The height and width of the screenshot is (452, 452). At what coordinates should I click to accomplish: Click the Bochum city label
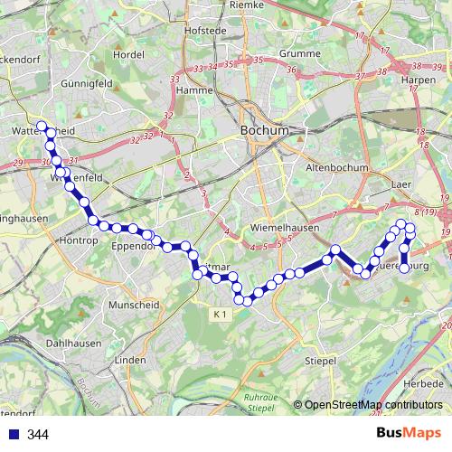coord(265,130)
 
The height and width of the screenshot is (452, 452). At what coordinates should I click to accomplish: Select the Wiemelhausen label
coord(286,228)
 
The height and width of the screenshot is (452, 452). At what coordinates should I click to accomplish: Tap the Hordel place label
coord(130,54)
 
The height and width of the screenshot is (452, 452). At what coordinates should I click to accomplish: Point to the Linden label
coord(131,360)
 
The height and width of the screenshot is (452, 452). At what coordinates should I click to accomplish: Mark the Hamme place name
coord(194,90)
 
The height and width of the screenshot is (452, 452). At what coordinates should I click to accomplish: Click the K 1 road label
coord(222,314)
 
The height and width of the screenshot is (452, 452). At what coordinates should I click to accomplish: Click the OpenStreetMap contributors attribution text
coord(373,405)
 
